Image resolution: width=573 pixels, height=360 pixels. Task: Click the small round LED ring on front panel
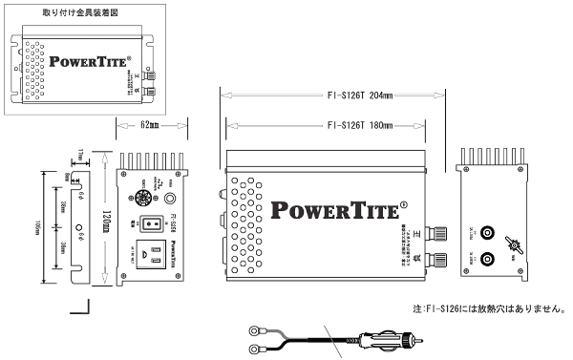point(171,201)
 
